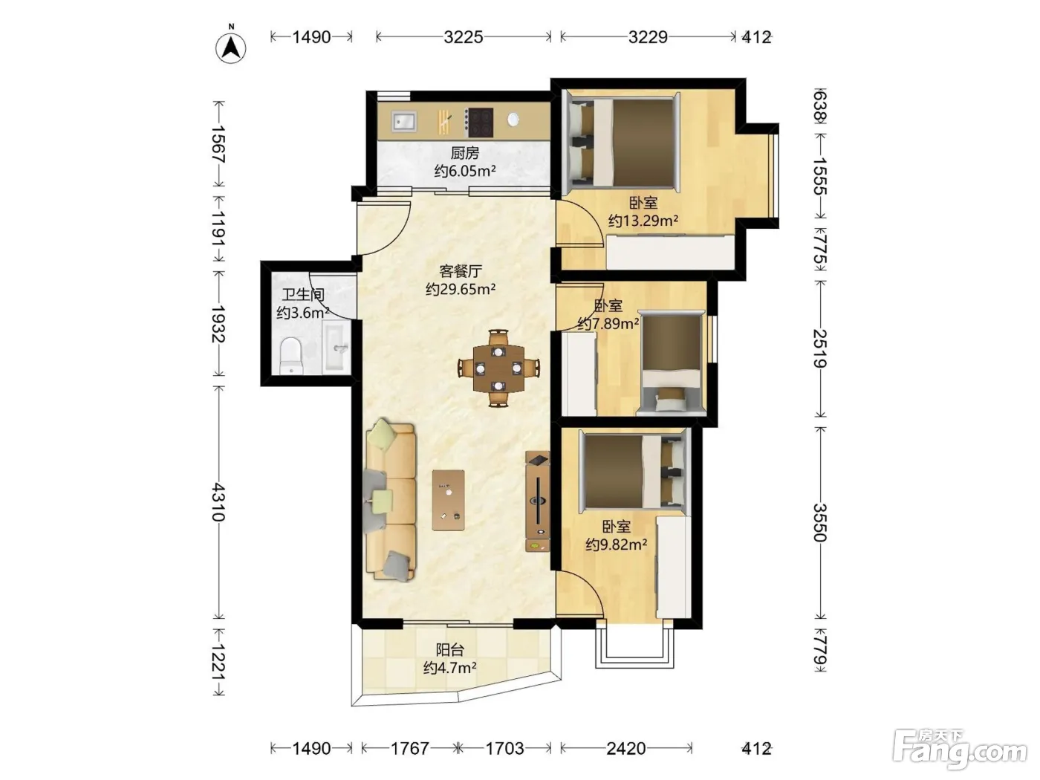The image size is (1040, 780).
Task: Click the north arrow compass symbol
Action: [x=231, y=47]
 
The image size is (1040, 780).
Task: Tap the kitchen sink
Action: [x=403, y=121]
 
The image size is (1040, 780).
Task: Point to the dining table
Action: [x=498, y=368]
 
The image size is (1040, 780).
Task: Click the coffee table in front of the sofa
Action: [x=448, y=500]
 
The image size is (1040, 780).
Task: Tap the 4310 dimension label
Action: [x=218, y=502]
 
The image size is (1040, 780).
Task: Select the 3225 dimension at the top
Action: [x=464, y=37]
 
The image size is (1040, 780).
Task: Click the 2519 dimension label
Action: [x=820, y=349]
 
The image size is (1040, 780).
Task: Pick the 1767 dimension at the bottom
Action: [x=410, y=749]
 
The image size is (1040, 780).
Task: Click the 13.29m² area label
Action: [x=643, y=221]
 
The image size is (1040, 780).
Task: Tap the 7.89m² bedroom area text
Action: [x=608, y=323]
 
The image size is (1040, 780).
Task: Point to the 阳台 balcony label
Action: [x=449, y=649]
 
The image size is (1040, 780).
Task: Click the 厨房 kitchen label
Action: [x=465, y=152]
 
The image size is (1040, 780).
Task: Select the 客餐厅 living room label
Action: [x=461, y=271]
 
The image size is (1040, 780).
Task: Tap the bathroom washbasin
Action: [x=337, y=347]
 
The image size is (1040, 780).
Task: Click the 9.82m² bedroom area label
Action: [x=617, y=545]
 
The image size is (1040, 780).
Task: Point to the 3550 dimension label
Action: [x=820, y=522]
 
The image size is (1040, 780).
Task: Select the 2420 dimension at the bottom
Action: [x=626, y=749]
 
